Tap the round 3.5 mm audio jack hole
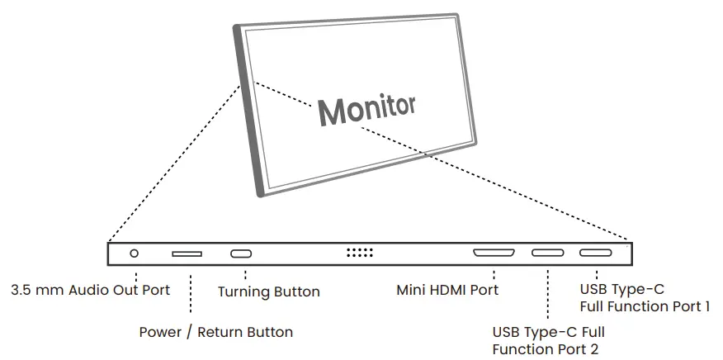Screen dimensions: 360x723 135,253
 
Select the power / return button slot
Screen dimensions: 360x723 187,253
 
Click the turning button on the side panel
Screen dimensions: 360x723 242,253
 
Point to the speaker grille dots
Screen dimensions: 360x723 360,253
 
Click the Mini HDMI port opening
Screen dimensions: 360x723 494,253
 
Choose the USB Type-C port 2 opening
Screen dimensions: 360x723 547,253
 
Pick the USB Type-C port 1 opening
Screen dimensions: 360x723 595,253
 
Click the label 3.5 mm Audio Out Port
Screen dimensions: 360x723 91,290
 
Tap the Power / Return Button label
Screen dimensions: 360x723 215,333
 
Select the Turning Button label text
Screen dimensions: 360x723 268,291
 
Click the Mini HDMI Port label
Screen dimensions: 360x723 447,290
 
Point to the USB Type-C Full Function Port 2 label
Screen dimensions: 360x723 549,340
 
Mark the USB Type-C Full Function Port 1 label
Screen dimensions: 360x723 645,298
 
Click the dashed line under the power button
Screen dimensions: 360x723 191,294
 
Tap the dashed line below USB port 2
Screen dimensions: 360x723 548,294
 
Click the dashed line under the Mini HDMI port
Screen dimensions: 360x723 494,273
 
